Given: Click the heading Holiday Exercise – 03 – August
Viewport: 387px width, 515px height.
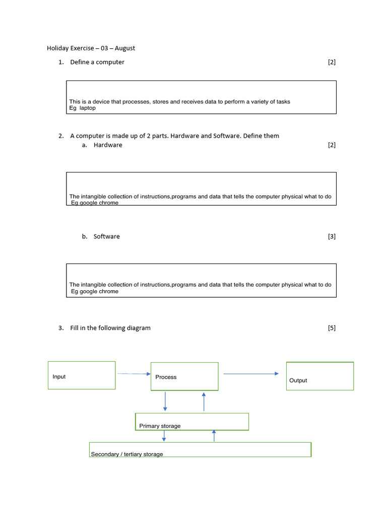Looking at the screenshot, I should pyautogui.click(x=91, y=48).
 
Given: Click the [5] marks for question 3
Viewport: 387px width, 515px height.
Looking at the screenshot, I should pyautogui.click(x=332, y=328).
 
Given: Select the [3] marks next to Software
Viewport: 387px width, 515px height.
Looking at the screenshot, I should pyautogui.click(x=332, y=236).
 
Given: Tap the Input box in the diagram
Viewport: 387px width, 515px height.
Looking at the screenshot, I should pyautogui.click(x=82, y=375).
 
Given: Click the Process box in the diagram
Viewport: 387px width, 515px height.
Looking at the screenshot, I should pyautogui.click(x=184, y=376).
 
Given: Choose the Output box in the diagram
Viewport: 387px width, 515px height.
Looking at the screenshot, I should pyautogui.click(x=320, y=376).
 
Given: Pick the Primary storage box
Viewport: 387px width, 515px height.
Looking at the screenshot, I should pyautogui.click(x=192, y=421).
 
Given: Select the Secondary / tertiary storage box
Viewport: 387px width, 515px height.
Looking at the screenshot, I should pyautogui.click(x=200, y=450).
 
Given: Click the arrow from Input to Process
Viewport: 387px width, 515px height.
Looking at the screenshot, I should pyautogui.click(x=134, y=374).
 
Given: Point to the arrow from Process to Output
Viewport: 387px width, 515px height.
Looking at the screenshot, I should pyautogui.click(x=251, y=374).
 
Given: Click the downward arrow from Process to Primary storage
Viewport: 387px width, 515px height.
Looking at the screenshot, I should pyautogui.click(x=165, y=401).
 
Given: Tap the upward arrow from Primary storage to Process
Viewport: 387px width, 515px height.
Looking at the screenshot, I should pyautogui.click(x=204, y=401).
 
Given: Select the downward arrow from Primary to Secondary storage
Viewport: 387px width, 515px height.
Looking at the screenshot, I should pyautogui.click(x=164, y=436).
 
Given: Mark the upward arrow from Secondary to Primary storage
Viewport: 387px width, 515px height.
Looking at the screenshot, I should pyautogui.click(x=214, y=436).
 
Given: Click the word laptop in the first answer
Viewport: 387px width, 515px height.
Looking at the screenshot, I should pyautogui.click(x=88, y=108).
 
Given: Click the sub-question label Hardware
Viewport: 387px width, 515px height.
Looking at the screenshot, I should pyautogui.click(x=108, y=145).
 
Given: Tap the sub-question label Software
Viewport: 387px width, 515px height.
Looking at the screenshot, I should pyautogui.click(x=107, y=236).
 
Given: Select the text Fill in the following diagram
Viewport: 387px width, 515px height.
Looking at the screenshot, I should pyautogui.click(x=110, y=328).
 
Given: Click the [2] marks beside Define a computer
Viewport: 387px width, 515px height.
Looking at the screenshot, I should pyautogui.click(x=332, y=62).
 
